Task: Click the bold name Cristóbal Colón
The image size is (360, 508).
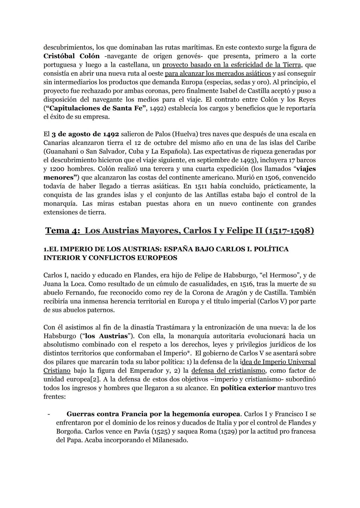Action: click(x=71, y=56)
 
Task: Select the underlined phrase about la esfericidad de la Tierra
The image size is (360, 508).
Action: click(x=231, y=65)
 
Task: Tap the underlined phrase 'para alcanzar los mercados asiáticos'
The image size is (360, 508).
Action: click(x=218, y=73)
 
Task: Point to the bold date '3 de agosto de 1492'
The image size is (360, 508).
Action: click(x=85, y=134)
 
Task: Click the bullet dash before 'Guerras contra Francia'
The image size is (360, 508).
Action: click(x=49, y=414)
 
